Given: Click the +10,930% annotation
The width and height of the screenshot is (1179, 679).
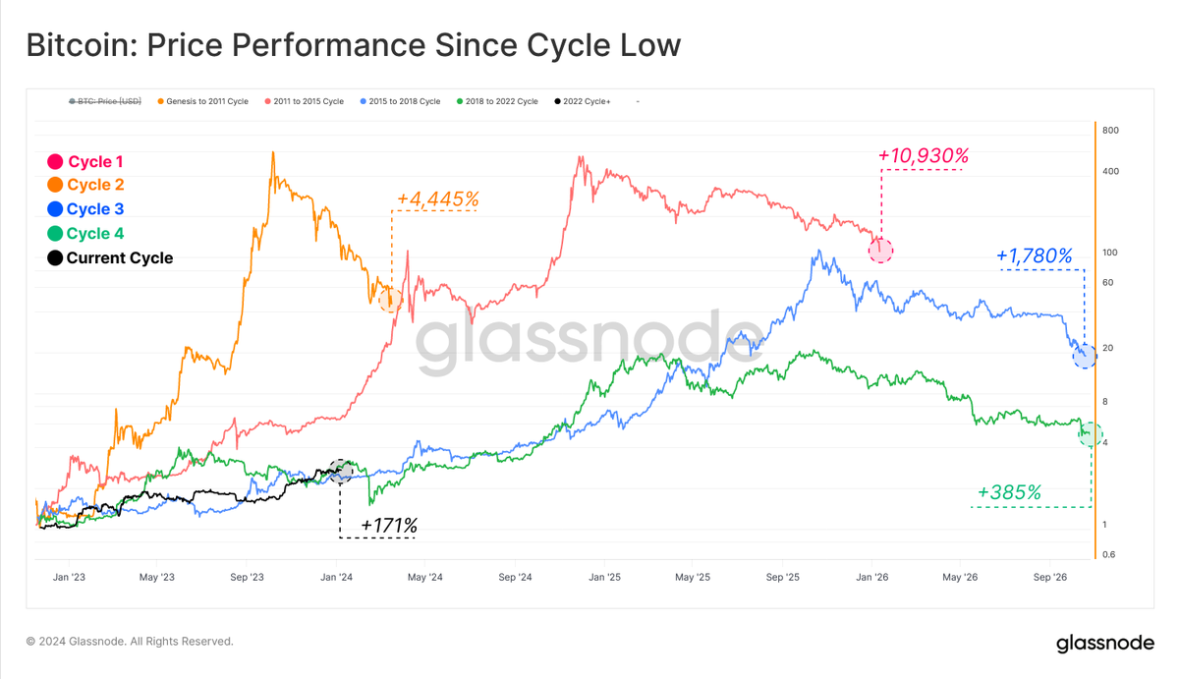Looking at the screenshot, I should (x=924, y=155).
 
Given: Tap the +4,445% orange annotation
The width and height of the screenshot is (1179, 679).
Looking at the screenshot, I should (x=436, y=199).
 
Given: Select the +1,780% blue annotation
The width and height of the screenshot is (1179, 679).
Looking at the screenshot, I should (x=1034, y=255).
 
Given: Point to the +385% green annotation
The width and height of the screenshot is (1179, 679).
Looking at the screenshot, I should (x=1009, y=492).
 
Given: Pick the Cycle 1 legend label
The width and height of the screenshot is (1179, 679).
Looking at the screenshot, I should (x=95, y=161).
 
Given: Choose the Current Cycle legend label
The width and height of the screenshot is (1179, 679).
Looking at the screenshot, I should (x=119, y=258).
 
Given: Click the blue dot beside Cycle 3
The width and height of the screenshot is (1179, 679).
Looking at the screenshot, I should (x=55, y=209).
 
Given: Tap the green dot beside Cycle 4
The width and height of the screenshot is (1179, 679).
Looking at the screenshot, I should (x=55, y=234).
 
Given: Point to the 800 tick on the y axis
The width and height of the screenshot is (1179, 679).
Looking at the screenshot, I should (x=1111, y=131).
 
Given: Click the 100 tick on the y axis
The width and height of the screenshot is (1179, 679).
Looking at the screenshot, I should (x=1111, y=253).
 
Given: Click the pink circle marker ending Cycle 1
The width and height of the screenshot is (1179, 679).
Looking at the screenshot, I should (x=881, y=250).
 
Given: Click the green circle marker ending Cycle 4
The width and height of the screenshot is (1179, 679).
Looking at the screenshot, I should (x=1091, y=433).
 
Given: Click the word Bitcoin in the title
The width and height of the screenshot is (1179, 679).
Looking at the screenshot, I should (x=81, y=45).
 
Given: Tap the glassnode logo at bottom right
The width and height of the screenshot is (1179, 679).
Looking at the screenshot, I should (x=1105, y=644).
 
